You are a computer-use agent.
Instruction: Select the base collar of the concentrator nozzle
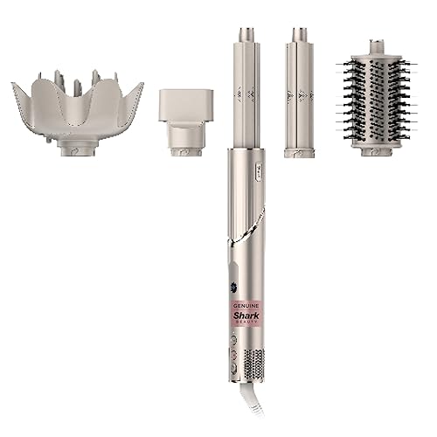point(185,149)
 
